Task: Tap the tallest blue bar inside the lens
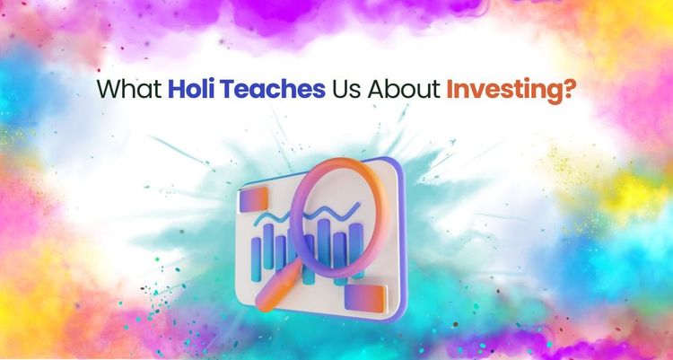[324, 242]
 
